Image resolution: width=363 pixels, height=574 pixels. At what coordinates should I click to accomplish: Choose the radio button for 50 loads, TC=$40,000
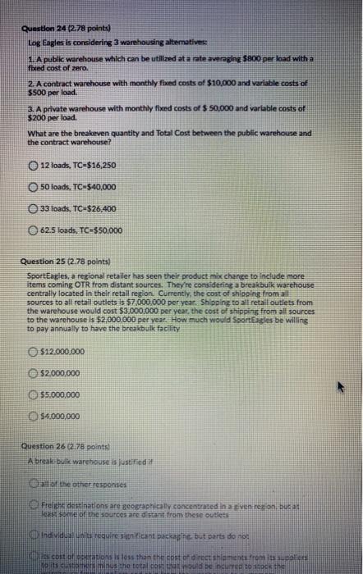33,187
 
